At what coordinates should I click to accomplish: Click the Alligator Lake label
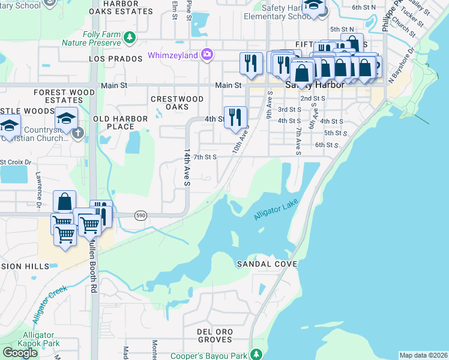pyautogui.click(x=276, y=210)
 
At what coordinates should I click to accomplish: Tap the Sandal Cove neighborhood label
pyautogui.click(x=267, y=264)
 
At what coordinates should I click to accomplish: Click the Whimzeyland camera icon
pyautogui.click(x=207, y=55)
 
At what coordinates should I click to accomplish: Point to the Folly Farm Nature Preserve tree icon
pyautogui.click(x=129, y=38)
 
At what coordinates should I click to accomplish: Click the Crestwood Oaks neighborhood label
pyautogui.click(x=177, y=103)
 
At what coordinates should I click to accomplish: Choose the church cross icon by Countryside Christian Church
pyautogui.click(x=77, y=133)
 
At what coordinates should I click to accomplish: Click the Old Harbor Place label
pyautogui.click(x=120, y=122)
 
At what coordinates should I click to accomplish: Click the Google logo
pyautogui.click(x=20, y=353)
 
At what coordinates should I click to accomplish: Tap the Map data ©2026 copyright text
pyautogui.click(x=423, y=355)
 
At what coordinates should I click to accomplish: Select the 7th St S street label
pyautogui.click(x=204, y=157)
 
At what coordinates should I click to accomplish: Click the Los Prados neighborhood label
pyautogui.click(x=112, y=59)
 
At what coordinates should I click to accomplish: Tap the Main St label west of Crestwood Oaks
pyautogui.click(x=114, y=86)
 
